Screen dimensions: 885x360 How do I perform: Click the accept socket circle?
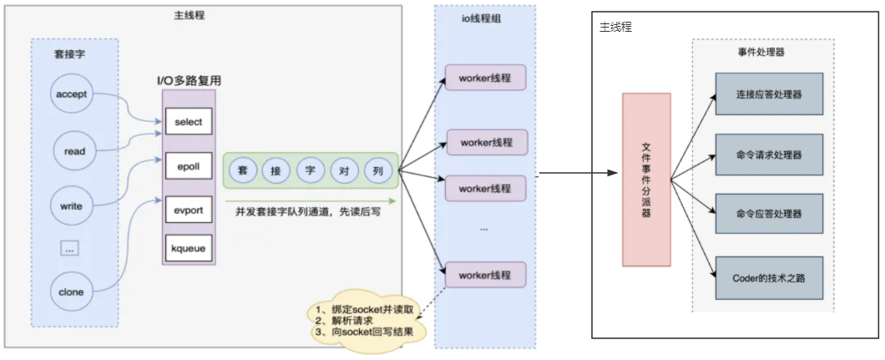pos(71,94)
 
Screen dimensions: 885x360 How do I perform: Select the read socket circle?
pos(74,150)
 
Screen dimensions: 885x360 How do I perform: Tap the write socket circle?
pos(71,206)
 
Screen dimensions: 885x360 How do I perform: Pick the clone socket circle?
pos(71,292)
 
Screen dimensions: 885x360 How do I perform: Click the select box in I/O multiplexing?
pos(189,122)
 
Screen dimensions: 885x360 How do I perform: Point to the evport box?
pos(189,211)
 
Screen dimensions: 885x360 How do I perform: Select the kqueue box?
pos(189,248)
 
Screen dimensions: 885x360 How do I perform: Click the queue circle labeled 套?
pos(243,170)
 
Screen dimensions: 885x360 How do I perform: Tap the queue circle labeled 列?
pos(378,170)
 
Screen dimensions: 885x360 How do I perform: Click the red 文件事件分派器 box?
pos(646,180)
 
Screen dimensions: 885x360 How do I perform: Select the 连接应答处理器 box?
pos(769,94)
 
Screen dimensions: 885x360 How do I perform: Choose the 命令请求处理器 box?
pos(769,155)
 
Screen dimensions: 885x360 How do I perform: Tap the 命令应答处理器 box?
pos(769,214)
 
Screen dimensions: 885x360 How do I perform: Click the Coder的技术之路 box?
pos(769,277)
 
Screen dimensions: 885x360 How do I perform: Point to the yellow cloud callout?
pos(367,320)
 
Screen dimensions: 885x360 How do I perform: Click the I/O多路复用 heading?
pos(189,81)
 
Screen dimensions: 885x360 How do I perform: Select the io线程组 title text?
pos(485,18)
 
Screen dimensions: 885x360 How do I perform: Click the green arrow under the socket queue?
pos(311,200)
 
